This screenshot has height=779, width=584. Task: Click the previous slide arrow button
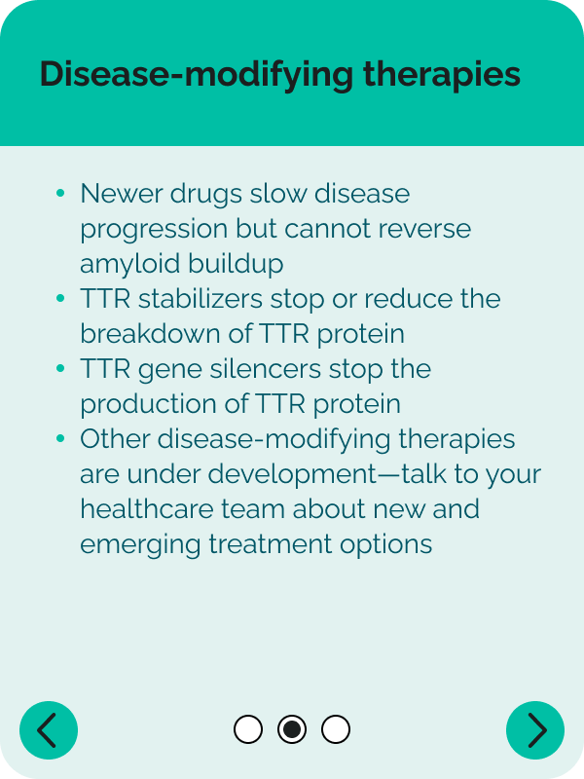click(x=49, y=729)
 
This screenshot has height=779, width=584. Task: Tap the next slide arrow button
click(x=535, y=729)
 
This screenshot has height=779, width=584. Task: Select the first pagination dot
click(x=248, y=729)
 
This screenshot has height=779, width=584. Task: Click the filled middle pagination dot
click(x=292, y=729)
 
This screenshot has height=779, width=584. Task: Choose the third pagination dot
click(x=336, y=729)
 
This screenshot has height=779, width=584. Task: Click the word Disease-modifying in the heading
click(x=197, y=75)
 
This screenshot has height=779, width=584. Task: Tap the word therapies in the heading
click(x=442, y=75)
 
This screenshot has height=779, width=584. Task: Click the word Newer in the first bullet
click(x=121, y=193)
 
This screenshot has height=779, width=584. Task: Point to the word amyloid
click(x=130, y=264)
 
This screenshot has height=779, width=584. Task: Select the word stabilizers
click(x=201, y=299)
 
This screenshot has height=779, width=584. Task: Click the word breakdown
click(x=150, y=333)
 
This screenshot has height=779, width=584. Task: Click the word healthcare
click(x=147, y=509)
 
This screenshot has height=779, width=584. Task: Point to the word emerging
click(x=140, y=545)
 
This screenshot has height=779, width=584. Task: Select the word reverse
click(x=424, y=229)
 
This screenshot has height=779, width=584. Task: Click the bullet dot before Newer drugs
click(x=60, y=193)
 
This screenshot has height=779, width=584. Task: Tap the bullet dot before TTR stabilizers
click(x=60, y=299)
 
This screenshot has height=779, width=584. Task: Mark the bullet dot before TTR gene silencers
click(x=60, y=369)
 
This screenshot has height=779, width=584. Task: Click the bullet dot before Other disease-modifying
click(x=60, y=439)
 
